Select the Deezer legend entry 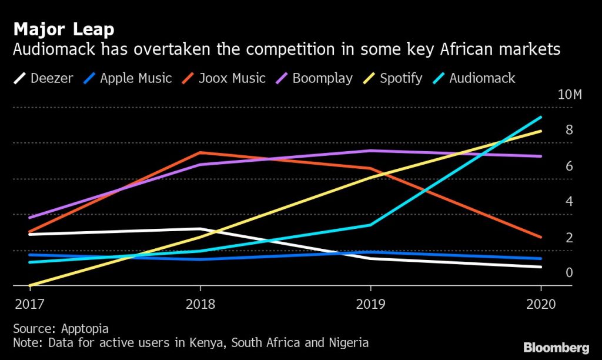(44, 78)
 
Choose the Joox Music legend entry (224, 78)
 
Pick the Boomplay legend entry (315, 78)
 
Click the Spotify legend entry (394, 78)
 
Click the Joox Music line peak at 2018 (200, 153)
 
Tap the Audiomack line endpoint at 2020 (541, 117)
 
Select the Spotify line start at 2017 (29, 286)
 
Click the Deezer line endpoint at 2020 (541, 267)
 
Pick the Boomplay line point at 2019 (370, 151)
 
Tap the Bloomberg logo (555, 346)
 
